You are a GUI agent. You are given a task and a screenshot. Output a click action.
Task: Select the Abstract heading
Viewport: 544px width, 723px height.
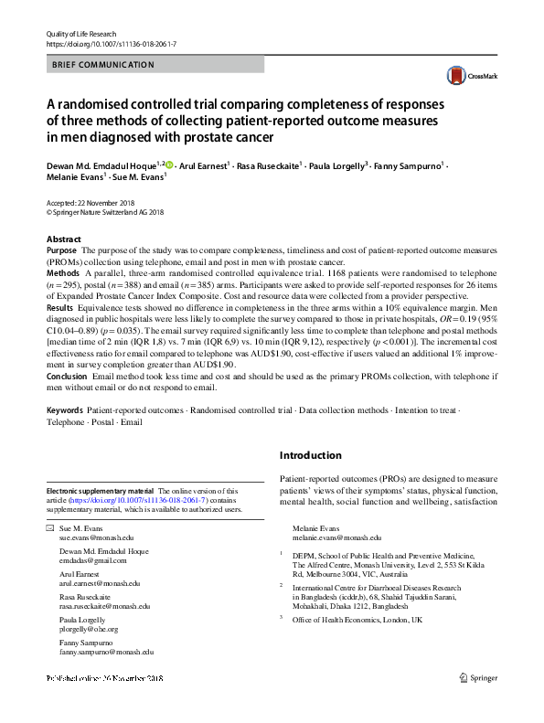pos(63,239)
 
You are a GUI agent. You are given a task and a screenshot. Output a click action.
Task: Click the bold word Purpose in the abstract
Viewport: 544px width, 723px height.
pos(61,250)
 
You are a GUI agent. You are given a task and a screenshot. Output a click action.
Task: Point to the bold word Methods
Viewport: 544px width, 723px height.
pos(62,272)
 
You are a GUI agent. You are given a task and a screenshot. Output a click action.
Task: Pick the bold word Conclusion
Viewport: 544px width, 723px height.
pos(67,376)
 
